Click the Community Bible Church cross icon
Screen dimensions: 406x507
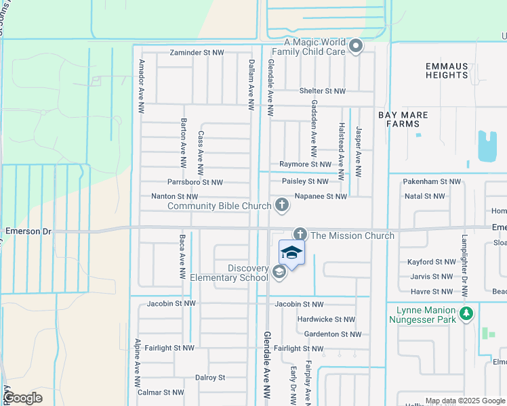coord(281,204)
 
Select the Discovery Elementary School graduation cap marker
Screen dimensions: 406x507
coord(278,272)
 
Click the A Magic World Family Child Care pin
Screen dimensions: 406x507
coord(357,47)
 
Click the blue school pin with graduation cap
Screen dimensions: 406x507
coord(291,253)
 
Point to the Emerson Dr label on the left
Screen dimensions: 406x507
coord(28,231)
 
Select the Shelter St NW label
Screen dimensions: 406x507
coord(323,91)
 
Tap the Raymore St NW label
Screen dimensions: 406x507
coord(306,164)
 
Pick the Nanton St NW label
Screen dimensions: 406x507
coord(175,196)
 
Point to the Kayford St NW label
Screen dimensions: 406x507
coord(432,261)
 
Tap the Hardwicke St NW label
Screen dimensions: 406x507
coord(326,319)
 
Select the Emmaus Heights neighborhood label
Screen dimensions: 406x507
coord(447,70)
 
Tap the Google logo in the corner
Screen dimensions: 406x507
coord(22,398)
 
